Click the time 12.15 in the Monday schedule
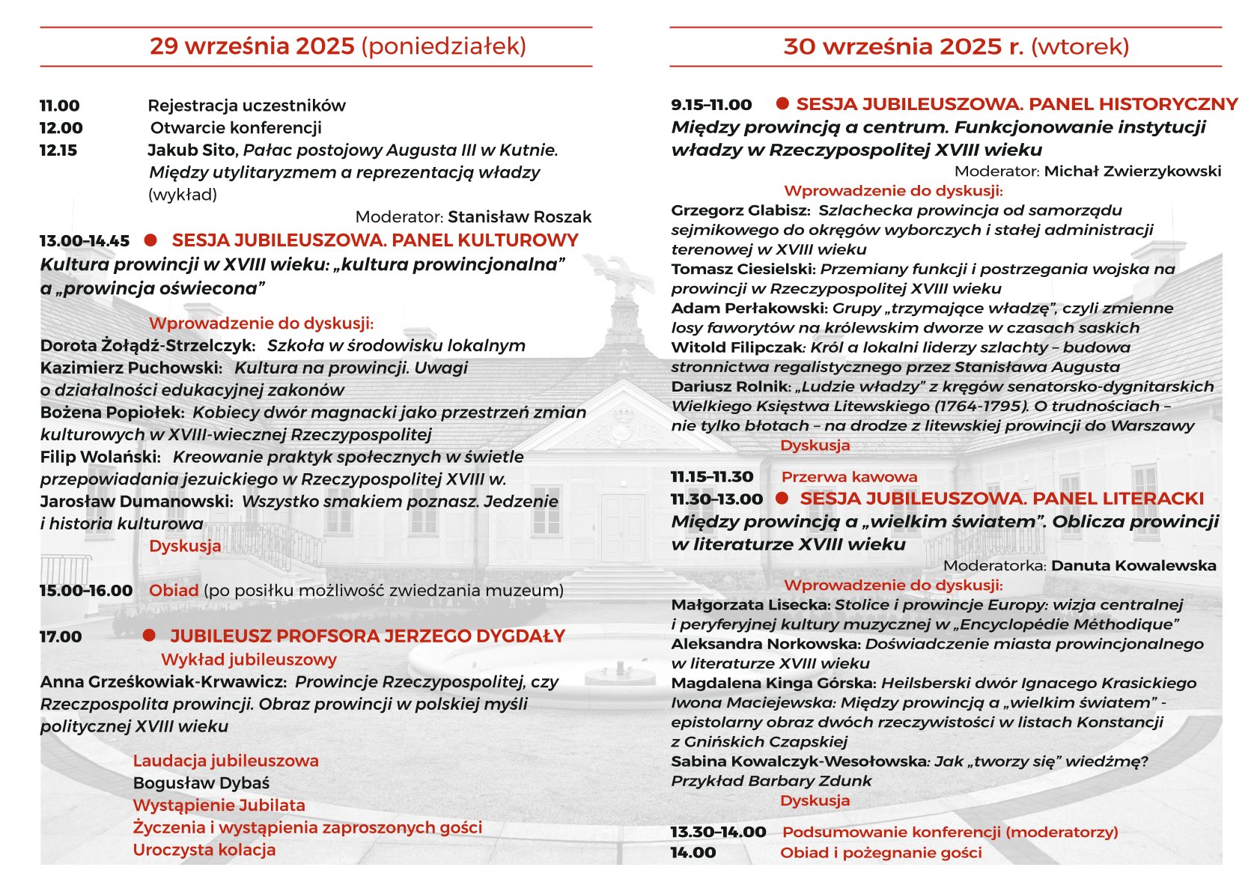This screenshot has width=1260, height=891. (58, 150)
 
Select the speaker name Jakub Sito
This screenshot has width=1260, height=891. (192, 150)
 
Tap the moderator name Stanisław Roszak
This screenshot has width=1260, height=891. (519, 217)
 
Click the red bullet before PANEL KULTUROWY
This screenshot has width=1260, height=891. (150, 240)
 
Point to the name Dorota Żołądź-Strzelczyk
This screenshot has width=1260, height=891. (147, 346)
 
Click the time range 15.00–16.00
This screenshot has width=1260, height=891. (86, 591)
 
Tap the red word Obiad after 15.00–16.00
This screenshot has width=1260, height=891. (174, 591)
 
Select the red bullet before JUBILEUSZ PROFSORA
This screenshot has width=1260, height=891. (149, 636)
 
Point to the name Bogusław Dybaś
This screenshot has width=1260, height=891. (201, 783)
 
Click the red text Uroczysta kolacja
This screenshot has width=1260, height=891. (204, 850)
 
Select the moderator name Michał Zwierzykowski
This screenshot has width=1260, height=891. (1132, 171)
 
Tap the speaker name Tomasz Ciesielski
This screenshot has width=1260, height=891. (743, 269)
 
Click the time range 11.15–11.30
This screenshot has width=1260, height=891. (712, 477)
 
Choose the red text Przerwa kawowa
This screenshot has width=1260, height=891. (849, 477)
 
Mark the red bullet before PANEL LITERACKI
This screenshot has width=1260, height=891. (782, 498)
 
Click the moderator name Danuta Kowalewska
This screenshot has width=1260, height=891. (1133, 566)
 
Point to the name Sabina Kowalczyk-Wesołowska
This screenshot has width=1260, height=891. (798, 761)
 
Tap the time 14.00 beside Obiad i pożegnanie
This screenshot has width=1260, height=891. (693, 853)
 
